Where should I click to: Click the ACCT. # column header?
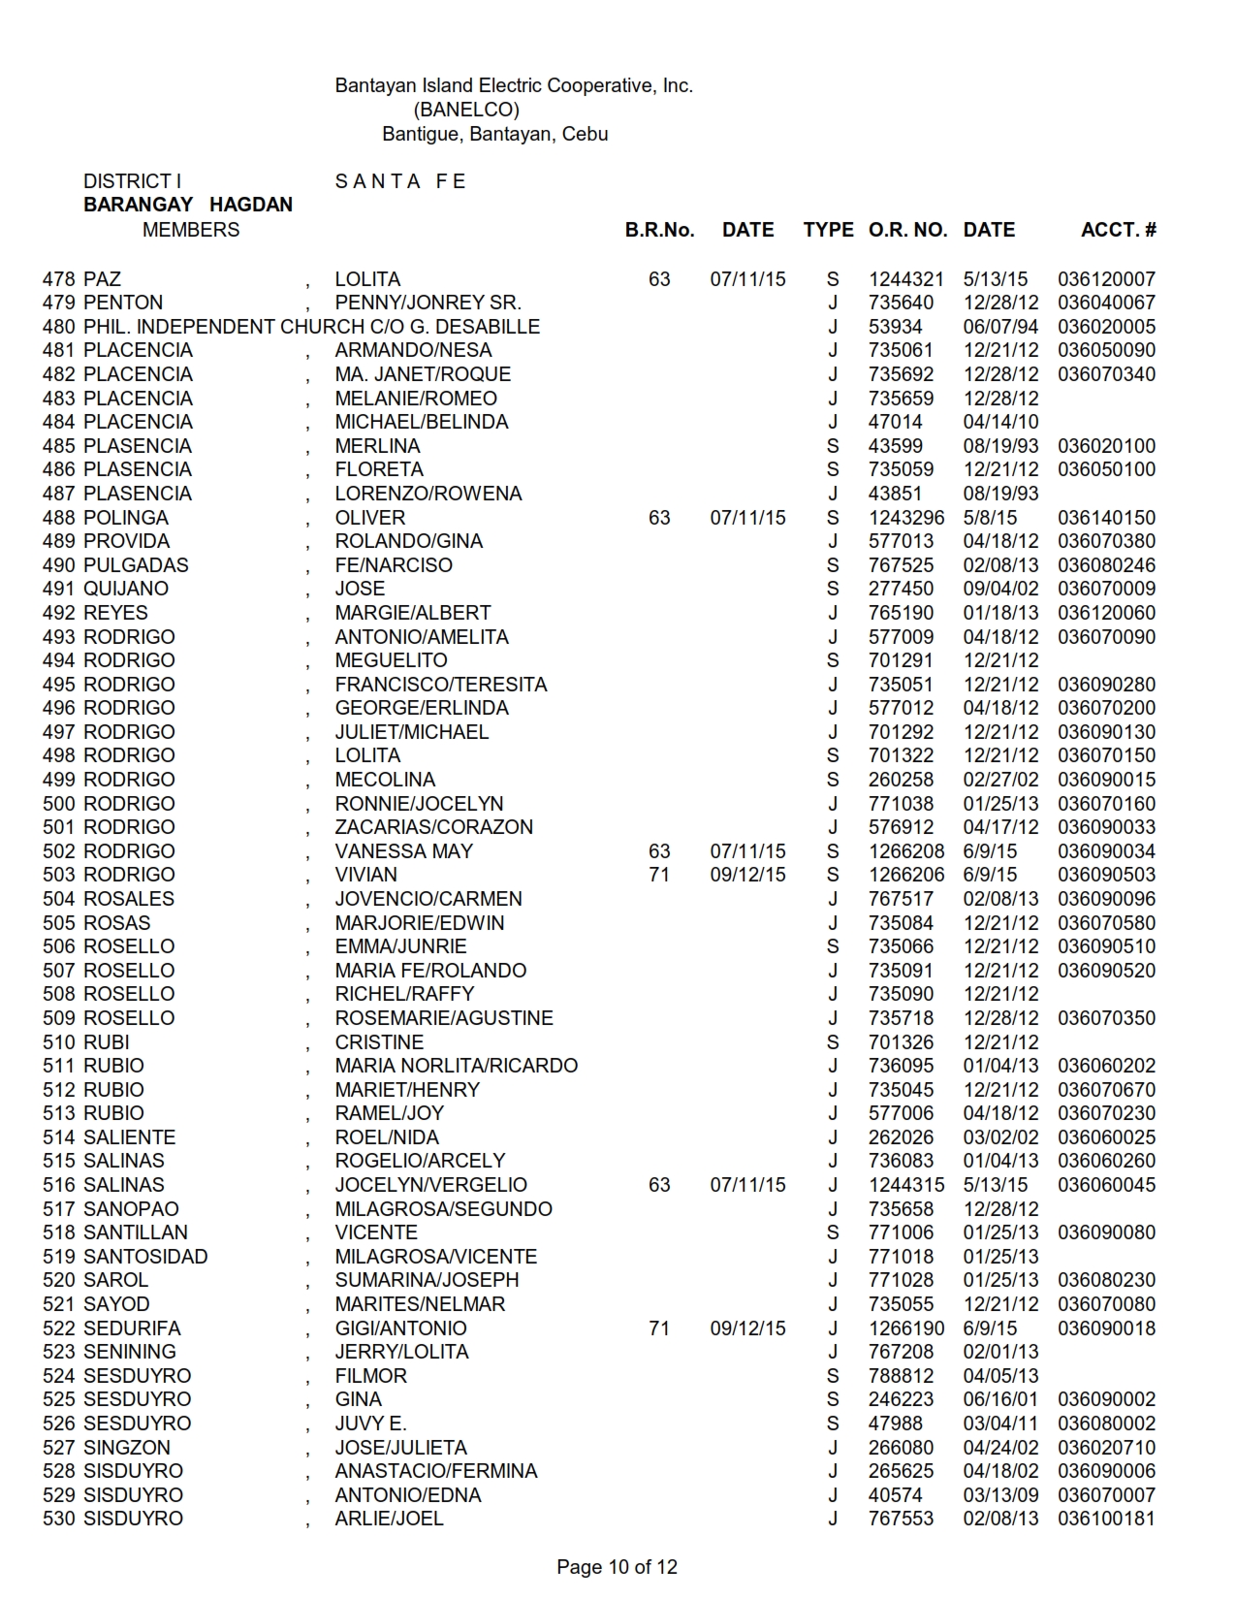(1118, 230)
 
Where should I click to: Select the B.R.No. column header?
(659, 230)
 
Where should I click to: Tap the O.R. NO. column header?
(907, 230)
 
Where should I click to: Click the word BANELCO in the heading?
(466, 110)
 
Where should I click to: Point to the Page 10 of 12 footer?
(617, 1567)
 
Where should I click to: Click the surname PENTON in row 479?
(123, 303)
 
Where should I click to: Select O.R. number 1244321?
(905, 279)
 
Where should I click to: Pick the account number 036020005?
(1106, 327)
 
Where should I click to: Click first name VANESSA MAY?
(404, 851)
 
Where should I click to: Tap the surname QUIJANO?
(126, 589)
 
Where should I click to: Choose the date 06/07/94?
(1000, 327)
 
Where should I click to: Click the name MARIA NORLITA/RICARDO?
(456, 1066)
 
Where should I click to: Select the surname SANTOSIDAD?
(145, 1257)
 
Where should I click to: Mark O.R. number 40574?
(896, 1495)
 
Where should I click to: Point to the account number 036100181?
(1106, 1519)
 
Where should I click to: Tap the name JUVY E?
(370, 1424)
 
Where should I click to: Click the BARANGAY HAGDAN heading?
(188, 205)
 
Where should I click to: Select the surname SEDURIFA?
(132, 1328)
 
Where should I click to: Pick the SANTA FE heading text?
(400, 181)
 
